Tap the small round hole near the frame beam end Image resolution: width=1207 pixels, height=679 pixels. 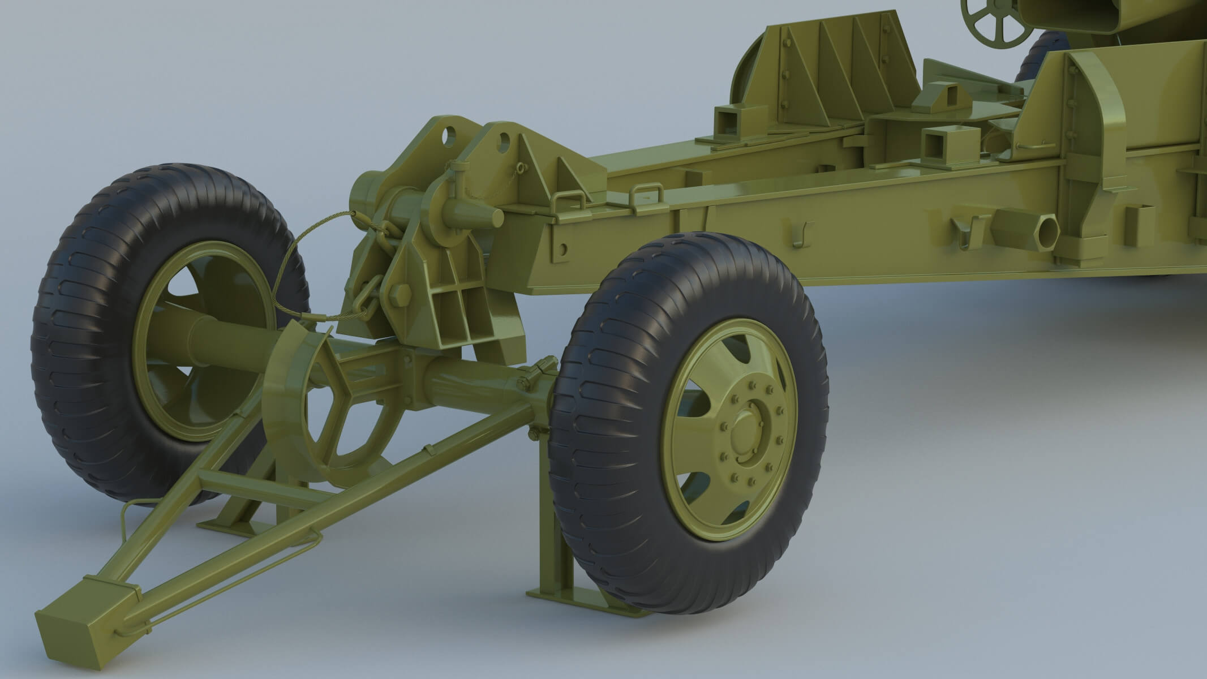[562, 249]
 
